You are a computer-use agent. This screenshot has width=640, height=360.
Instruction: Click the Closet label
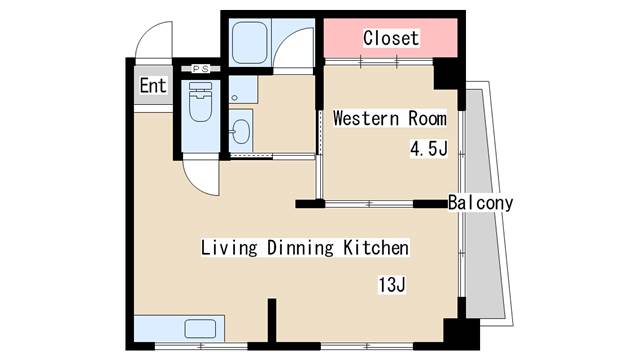(391, 38)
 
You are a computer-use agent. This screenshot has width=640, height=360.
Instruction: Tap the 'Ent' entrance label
(153, 86)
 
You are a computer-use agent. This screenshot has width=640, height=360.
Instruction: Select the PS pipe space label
(200, 69)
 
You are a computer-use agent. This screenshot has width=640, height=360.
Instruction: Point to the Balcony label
(480, 203)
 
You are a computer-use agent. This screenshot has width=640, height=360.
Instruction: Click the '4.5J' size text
(429, 148)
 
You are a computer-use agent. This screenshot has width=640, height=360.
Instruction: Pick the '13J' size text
(392, 284)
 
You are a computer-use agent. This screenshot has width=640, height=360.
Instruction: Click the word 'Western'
(366, 118)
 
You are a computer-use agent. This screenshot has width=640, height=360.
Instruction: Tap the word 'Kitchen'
(376, 248)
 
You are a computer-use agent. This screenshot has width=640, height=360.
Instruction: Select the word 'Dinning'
(300, 248)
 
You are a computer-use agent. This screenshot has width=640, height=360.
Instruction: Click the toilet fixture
(200, 102)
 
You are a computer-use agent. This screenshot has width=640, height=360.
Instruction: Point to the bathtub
(249, 43)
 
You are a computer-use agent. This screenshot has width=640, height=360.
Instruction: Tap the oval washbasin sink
(240, 131)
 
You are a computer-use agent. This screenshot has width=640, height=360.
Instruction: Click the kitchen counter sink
(200, 329)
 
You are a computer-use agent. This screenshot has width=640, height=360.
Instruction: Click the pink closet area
(391, 38)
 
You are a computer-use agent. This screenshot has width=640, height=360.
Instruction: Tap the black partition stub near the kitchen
(272, 320)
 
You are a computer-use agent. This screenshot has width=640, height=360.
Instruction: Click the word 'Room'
(427, 118)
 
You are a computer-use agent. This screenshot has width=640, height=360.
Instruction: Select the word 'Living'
(229, 248)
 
